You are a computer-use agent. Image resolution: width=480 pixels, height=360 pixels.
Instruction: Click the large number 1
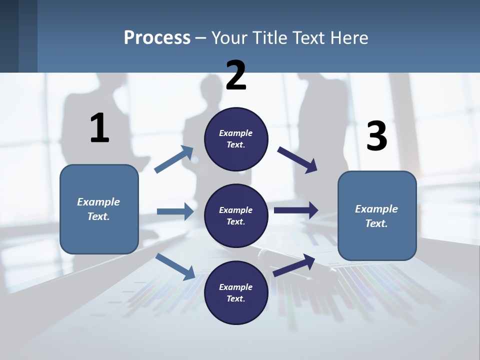99,128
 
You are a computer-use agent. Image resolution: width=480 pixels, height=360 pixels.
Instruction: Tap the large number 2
236,75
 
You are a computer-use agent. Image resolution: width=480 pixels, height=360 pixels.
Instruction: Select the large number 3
376,136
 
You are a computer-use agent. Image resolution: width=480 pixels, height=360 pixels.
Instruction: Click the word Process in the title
157,37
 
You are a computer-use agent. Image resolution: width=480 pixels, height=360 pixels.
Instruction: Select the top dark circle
236,139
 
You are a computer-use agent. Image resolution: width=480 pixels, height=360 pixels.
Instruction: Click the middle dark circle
236,215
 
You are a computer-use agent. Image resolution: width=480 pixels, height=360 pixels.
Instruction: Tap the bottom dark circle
236,292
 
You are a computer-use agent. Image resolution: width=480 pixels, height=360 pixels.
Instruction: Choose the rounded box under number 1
99,209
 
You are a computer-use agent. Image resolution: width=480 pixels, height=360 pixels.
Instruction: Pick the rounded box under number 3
377,216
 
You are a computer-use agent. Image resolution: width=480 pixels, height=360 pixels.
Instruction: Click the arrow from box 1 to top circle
174,159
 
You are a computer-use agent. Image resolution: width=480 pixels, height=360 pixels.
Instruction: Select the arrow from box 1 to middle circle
175,212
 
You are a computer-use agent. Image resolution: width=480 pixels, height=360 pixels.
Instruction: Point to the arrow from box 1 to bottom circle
175,266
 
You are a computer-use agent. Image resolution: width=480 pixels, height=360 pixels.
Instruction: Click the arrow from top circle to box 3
298,160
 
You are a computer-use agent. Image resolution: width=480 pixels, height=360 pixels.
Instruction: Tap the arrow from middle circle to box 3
296,210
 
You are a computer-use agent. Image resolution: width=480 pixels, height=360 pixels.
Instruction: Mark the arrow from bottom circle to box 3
294,264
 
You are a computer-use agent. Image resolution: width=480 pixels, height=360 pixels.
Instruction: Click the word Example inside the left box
98,202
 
